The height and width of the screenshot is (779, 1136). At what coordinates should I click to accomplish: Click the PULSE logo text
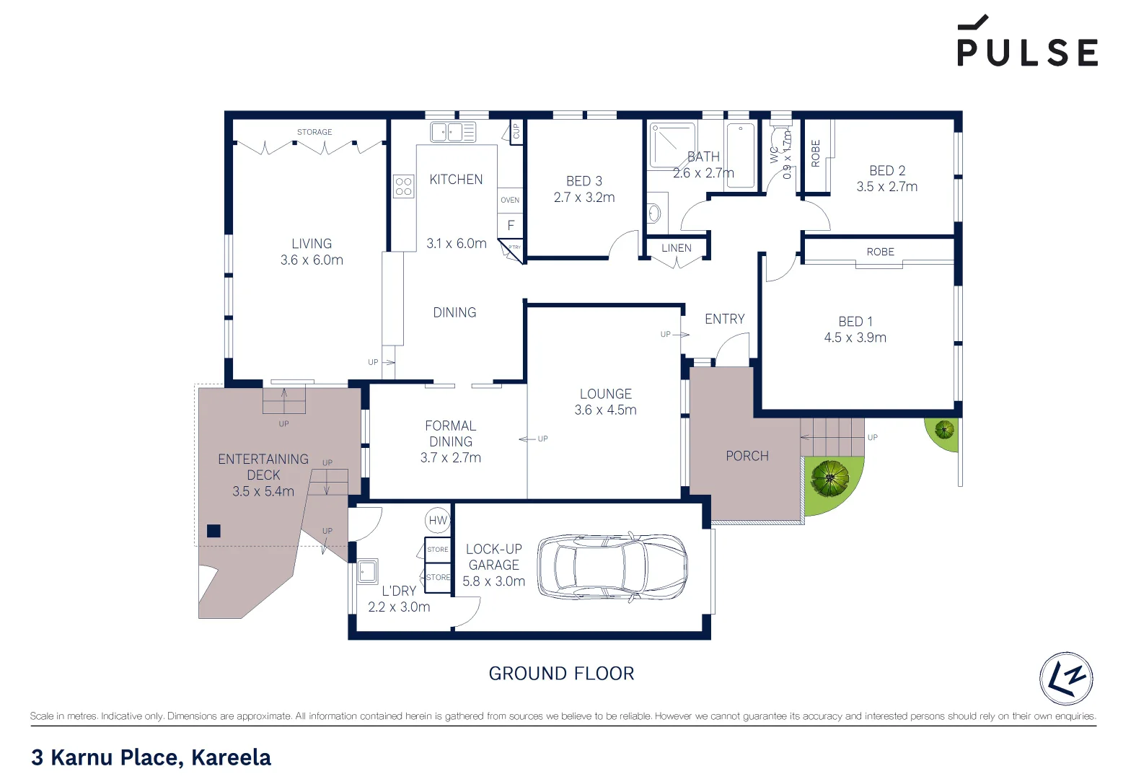1027,52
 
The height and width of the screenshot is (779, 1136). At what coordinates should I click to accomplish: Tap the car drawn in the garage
612,568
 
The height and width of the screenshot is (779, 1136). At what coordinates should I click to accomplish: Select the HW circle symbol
438,520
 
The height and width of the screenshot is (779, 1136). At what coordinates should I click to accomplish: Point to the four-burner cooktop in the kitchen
404,187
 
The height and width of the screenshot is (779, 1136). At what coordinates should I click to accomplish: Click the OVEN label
510,200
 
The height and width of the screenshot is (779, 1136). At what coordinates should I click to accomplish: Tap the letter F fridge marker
511,226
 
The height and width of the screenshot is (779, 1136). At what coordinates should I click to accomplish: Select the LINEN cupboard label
677,248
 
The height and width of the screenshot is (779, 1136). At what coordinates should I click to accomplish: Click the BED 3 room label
584,181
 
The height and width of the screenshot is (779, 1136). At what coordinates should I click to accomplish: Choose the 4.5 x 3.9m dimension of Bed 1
855,338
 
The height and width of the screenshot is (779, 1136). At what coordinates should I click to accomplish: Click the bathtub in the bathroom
740,156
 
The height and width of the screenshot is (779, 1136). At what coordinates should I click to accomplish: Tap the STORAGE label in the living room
314,132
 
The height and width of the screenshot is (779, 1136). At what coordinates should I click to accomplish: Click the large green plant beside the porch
830,478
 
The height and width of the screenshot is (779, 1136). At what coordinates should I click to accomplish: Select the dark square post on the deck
213,531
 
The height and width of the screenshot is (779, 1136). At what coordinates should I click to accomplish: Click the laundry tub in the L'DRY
367,571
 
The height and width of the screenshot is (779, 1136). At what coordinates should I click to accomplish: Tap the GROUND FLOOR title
561,674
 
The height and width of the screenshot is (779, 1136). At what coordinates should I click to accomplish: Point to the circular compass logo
1066,679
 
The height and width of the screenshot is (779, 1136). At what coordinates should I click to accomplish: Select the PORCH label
747,456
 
